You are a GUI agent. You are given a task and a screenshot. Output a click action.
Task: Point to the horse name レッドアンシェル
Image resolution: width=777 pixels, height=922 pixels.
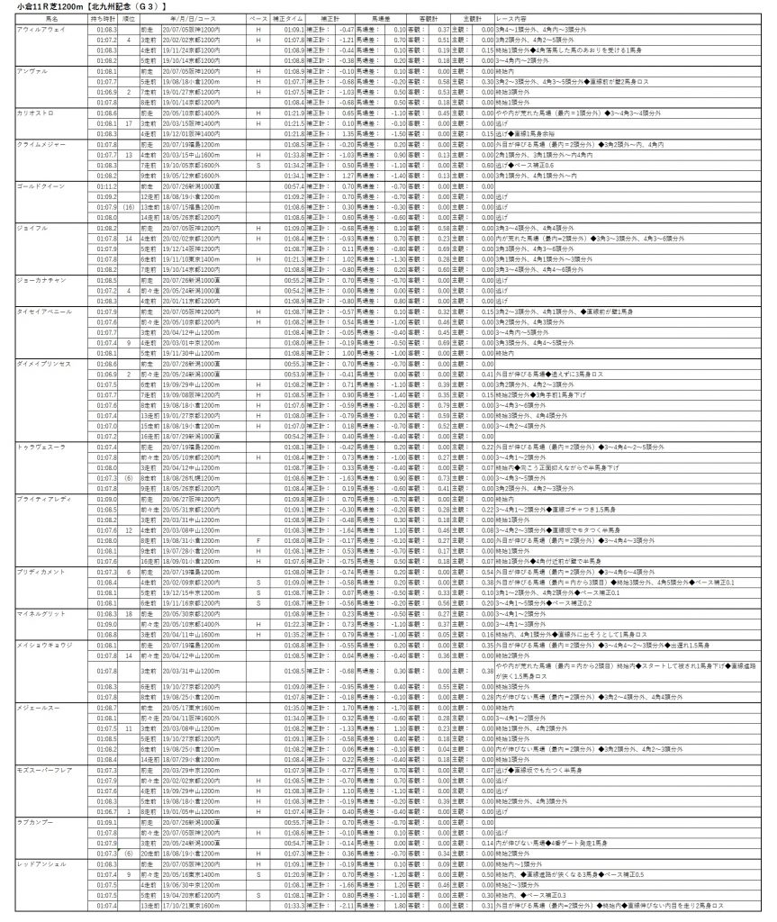pos(41,863)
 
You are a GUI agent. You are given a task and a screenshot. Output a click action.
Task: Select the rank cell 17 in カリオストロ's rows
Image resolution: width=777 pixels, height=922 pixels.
pos(130,123)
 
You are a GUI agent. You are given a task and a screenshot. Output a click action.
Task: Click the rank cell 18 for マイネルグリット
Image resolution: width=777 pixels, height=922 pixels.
pos(130,612)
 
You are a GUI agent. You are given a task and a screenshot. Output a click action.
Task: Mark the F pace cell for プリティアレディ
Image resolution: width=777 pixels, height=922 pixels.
pos(258,539)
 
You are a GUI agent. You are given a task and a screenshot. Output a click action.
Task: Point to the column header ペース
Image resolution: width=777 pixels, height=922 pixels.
pos(258,18)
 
